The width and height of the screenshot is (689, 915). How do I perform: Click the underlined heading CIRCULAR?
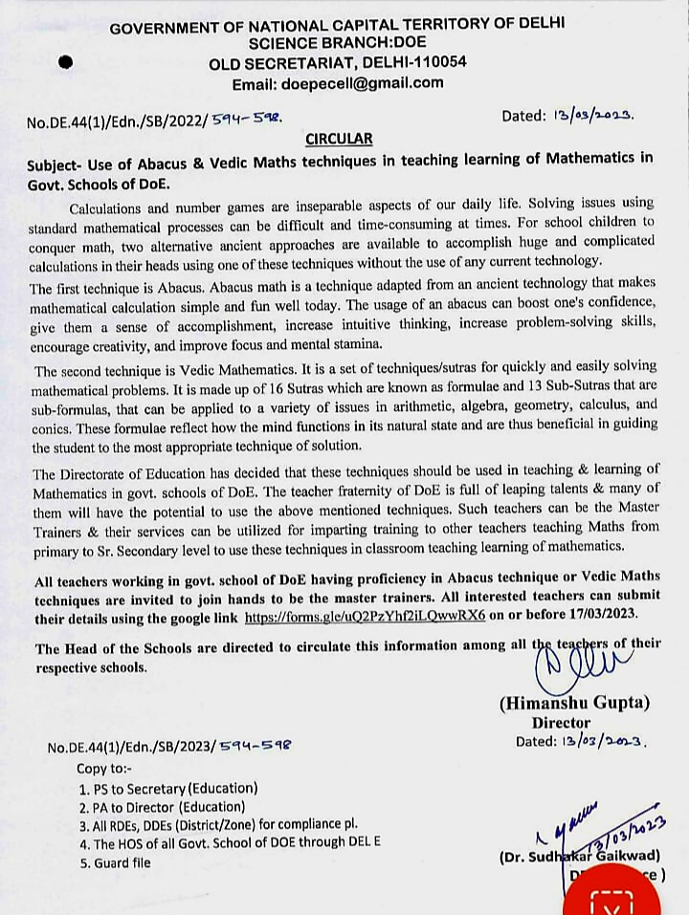click(x=339, y=138)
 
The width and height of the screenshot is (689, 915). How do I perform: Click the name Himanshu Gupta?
click(x=574, y=703)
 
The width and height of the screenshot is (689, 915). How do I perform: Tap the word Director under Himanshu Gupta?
click(x=561, y=723)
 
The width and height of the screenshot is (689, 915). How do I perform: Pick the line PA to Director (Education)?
click(x=166, y=807)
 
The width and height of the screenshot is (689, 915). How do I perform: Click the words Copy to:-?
click(x=108, y=767)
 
